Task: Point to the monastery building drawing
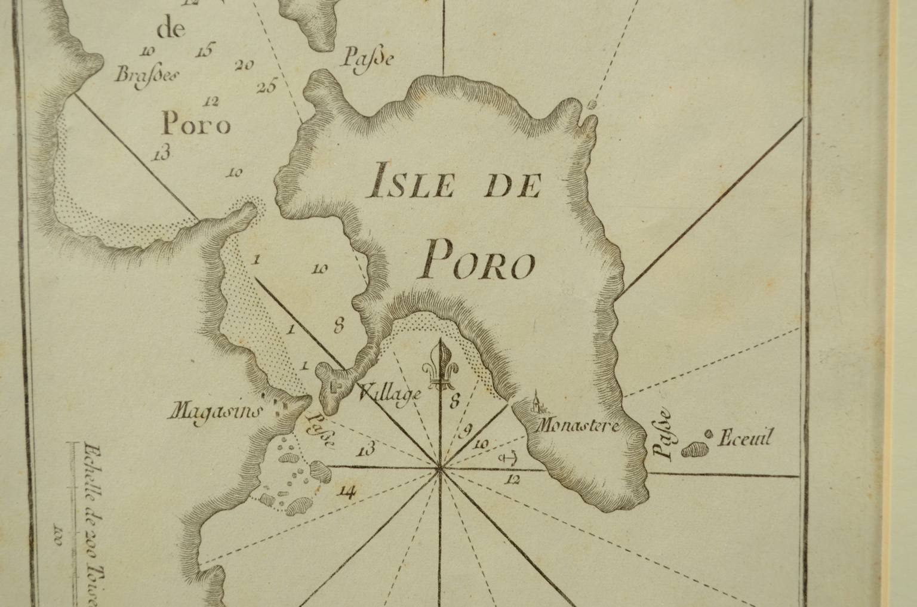[x=538, y=403]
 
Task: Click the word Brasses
[x=143, y=75]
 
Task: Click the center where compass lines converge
[x=440, y=467]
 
